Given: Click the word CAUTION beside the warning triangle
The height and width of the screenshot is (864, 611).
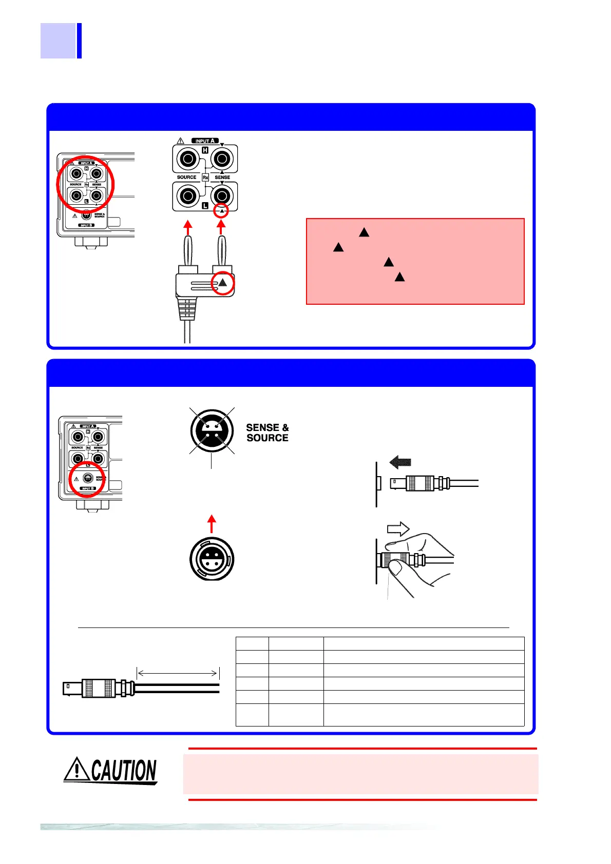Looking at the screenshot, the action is click(x=124, y=771).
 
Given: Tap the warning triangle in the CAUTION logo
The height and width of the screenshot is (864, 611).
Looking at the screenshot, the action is click(x=77, y=769).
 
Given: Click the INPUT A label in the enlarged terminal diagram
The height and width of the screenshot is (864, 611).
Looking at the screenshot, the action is click(x=205, y=141).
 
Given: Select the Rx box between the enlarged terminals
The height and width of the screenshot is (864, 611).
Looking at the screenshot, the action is click(x=205, y=178).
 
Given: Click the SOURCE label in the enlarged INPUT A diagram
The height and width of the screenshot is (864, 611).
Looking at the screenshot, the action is click(x=186, y=178).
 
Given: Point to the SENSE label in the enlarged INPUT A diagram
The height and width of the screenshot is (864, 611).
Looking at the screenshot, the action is click(x=222, y=178).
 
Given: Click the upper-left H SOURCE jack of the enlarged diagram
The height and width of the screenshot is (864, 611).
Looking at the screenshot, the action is click(x=188, y=159).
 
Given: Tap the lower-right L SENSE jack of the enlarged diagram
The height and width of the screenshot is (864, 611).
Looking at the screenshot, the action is click(x=222, y=195).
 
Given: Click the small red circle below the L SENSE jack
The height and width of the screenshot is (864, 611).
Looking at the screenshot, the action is click(x=221, y=211).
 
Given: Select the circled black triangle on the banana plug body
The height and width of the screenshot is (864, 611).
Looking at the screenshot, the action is click(x=223, y=283).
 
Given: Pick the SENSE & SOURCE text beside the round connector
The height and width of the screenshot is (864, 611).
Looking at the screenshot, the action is click(x=267, y=433).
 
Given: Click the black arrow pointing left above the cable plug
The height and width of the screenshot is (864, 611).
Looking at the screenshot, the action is click(x=400, y=462).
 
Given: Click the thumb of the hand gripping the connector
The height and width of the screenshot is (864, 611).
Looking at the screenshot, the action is click(x=396, y=567).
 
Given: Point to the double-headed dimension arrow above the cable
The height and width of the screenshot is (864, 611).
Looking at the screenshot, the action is click(x=178, y=673).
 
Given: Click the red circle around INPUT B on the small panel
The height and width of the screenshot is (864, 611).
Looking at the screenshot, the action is click(x=87, y=480).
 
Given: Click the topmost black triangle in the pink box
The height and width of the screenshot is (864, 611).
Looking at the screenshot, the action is click(x=364, y=232).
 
